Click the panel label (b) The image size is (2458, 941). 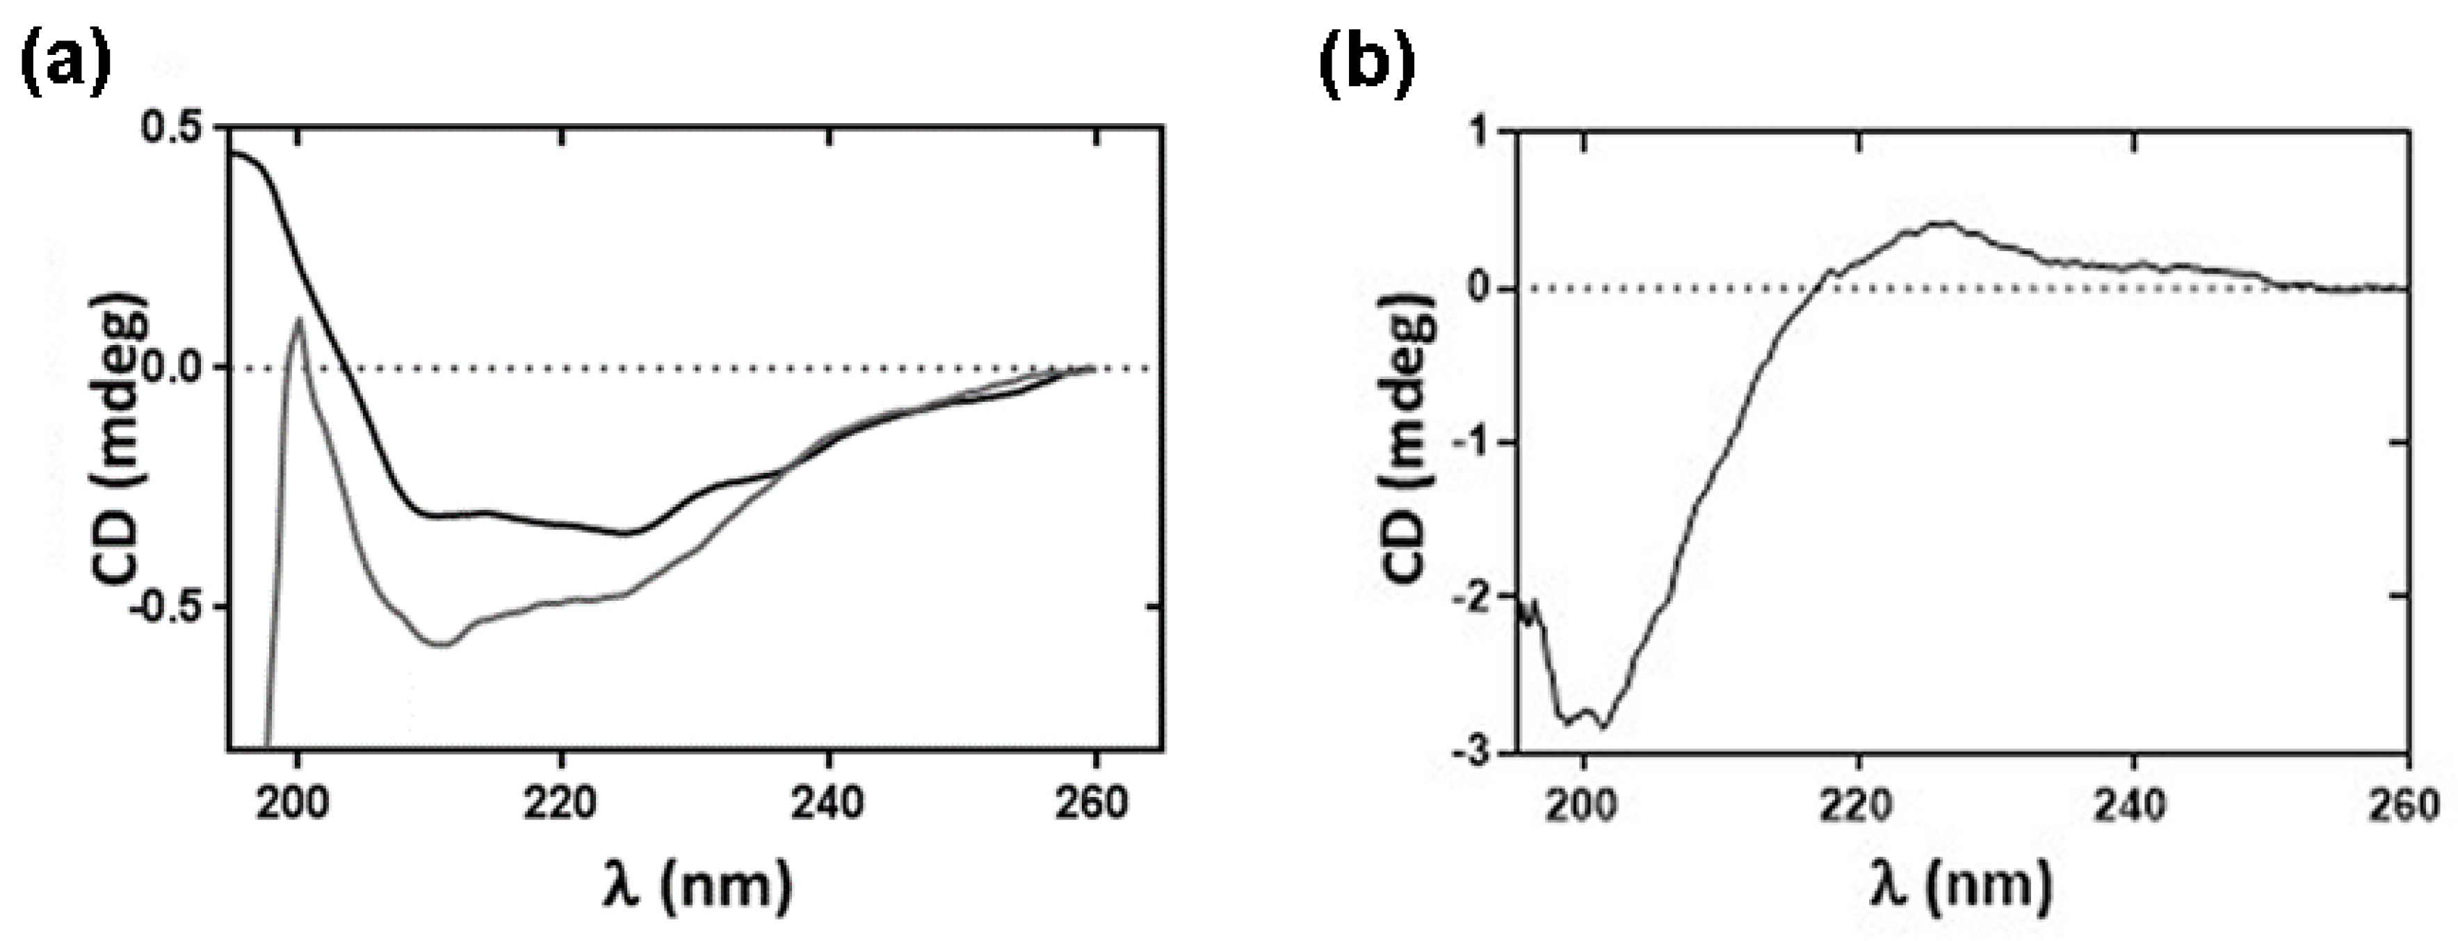pos(1366,64)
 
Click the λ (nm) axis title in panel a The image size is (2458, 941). pos(697,885)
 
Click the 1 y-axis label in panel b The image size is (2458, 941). pos(1480,133)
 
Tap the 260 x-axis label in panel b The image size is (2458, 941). pos(2409,807)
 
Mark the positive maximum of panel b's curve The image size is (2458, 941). pos(1942,223)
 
